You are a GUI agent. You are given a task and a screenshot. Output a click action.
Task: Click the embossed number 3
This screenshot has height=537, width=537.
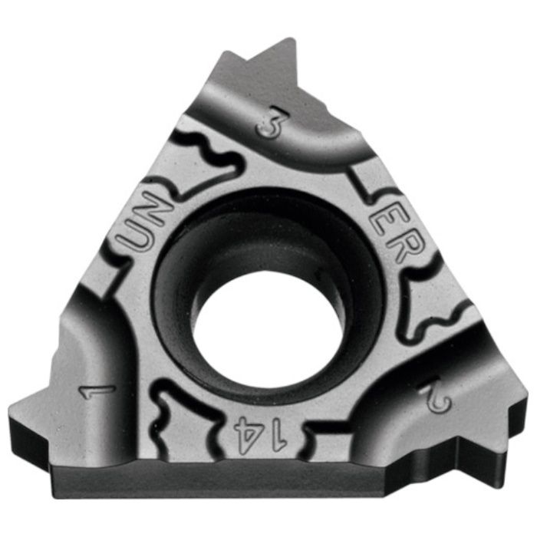click(273, 122)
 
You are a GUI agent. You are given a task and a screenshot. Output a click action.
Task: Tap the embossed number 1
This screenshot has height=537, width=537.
click(97, 391)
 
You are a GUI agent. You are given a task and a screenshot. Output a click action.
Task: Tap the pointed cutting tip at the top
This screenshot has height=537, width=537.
click(291, 39)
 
